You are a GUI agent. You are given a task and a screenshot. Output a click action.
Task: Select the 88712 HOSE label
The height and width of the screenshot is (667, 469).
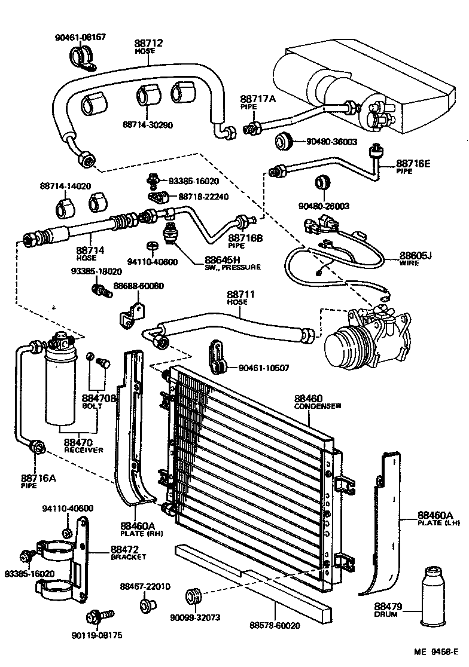pos(148,47)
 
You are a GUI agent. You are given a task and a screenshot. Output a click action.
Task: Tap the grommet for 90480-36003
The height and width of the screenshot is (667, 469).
pos(282,142)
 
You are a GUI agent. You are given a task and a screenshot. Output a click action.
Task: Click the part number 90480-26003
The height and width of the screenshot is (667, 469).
pos(323,206)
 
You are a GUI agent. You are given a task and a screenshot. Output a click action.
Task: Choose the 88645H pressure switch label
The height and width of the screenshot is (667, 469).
pos(232,264)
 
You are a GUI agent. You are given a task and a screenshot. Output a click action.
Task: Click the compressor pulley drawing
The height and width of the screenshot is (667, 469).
pos(343,347)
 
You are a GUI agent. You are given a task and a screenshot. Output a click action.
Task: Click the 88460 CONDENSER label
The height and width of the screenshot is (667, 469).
pos(316,402)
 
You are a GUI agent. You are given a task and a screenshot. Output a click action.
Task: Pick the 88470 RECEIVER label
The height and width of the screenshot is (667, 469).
pos(84,446)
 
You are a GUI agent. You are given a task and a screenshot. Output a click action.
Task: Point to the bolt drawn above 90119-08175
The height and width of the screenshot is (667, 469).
pos(95,617)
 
